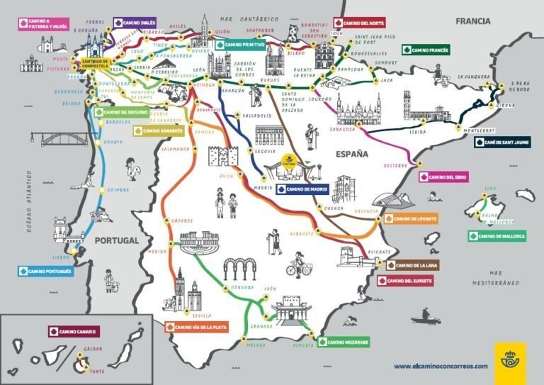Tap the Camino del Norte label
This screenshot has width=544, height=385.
point(361,23)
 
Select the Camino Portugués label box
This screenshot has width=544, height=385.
point(46,271)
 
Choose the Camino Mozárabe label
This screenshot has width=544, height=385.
point(346,342)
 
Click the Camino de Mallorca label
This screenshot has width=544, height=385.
point(497,236)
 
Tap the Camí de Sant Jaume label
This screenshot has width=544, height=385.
point(501,142)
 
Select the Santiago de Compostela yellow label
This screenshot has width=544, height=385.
point(96,63)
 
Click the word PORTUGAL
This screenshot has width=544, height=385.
point(115,241)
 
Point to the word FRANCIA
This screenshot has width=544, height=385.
point(474,21)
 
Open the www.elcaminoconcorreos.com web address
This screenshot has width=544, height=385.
point(441,366)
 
